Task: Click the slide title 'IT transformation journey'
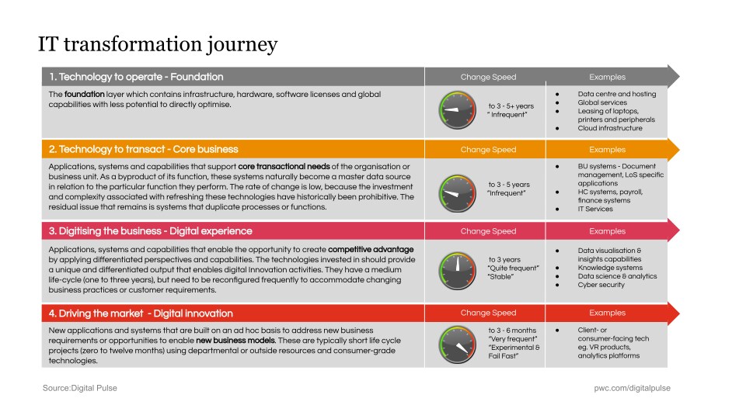click(x=158, y=44)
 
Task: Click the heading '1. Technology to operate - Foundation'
click(x=136, y=77)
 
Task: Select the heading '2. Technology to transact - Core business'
click(x=143, y=149)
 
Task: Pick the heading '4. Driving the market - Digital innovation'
click(x=141, y=313)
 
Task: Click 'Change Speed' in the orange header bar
click(x=488, y=150)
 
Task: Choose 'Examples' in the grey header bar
click(x=607, y=77)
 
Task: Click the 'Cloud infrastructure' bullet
click(x=610, y=128)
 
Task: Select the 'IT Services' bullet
click(x=595, y=209)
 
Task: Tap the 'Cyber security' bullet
click(x=601, y=285)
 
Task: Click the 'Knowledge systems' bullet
click(x=610, y=268)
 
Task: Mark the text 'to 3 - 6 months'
click(x=512, y=330)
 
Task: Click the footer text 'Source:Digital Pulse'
click(x=80, y=387)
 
